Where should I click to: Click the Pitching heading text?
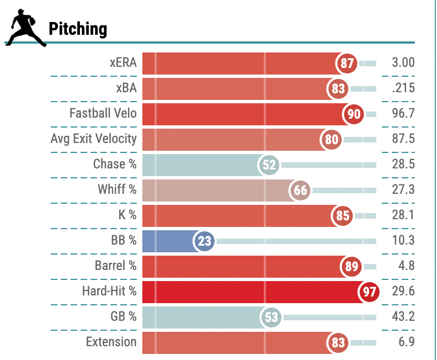click(78, 29)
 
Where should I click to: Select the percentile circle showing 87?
click(347, 63)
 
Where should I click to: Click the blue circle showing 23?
click(204, 241)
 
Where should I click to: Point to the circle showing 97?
click(369, 292)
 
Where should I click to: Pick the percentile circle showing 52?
click(270, 165)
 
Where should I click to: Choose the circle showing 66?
click(301, 190)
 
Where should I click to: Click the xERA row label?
click(123, 62)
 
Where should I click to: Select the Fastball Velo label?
click(103, 113)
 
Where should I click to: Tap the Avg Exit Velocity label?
click(93, 139)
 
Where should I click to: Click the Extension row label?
click(111, 342)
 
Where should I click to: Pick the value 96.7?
click(403, 114)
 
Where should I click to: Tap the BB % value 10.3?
click(403, 241)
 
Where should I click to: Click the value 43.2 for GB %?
click(403, 317)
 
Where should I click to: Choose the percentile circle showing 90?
click(354, 114)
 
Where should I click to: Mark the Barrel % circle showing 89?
click(350, 267)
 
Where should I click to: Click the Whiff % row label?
click(117, 189)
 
